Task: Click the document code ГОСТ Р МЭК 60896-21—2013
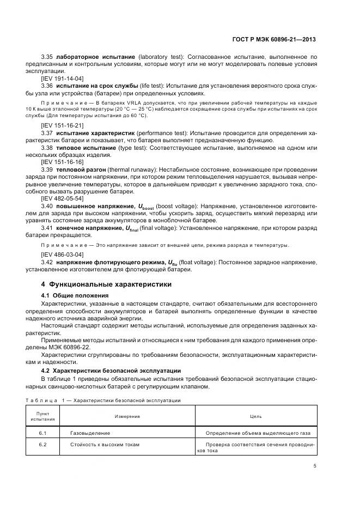[273, 40]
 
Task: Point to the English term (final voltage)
[156, 229]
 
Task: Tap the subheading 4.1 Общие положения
[75, 295]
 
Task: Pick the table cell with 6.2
[42, 445]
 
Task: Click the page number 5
[315, 465]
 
